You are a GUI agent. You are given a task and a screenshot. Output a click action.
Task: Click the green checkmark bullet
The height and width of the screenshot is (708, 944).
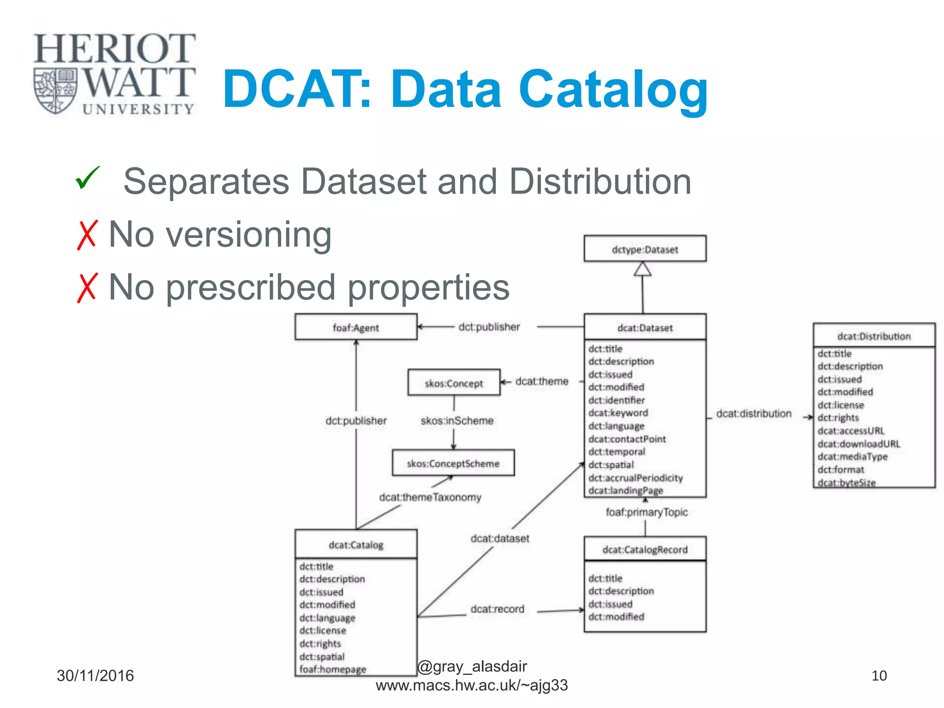pos(88,178)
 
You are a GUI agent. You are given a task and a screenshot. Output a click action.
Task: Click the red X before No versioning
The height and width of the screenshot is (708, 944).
pos(87,235)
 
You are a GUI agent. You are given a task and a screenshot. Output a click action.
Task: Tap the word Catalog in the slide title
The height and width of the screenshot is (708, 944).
pos(613,89)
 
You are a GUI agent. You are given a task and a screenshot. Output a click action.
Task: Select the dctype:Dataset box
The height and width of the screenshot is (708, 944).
pos(644,249)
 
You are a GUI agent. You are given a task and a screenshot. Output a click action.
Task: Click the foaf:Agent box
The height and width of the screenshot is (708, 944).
pos(355,327)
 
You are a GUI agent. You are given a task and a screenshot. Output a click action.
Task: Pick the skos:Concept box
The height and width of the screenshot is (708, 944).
pos(454,383)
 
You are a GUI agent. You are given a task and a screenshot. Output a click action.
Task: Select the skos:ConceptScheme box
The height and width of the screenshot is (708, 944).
pos(453,463)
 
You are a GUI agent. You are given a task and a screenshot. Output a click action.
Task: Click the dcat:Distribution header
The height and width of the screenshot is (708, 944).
pos(873,336)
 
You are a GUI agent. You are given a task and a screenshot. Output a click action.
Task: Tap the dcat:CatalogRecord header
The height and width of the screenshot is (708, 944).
pos(644,549)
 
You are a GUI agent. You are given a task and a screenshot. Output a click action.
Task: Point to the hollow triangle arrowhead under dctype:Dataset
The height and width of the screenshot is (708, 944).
pos(643,269)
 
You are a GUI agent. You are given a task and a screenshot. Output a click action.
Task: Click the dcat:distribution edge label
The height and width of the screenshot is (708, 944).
pos(753,413)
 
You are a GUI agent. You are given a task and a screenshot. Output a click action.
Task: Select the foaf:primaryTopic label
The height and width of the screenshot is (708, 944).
pos(646,512)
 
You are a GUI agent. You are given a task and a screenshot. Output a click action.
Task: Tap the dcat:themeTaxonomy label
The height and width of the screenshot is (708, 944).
pos(430,497)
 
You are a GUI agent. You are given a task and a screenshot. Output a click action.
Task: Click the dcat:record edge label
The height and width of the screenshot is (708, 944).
pos(497,609)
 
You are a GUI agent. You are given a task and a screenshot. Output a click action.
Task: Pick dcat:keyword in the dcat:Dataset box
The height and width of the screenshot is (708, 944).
pos(618,413)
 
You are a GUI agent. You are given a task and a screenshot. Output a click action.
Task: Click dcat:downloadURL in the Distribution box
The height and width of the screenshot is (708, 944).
pos(858,444)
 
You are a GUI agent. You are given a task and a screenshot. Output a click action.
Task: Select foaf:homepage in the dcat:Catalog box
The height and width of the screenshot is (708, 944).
pos(332,669)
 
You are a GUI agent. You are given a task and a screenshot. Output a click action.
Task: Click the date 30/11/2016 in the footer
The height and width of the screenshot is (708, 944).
pos(95,676)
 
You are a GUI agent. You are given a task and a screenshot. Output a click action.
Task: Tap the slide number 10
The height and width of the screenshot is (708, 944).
pos(879,676)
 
